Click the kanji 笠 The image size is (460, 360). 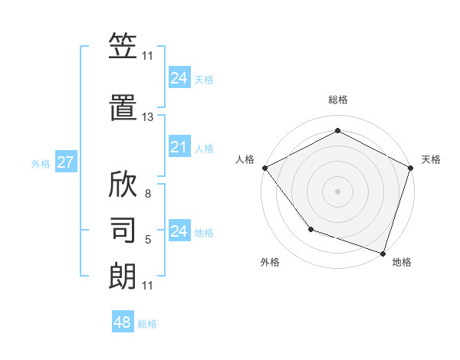pyautogui.click(x=123, y=47)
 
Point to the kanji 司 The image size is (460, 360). pyautogui.click(x=123, y=229)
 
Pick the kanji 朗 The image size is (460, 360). pyautogui.click(x=123, y=275)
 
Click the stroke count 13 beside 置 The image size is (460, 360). pyautogui.click(x=148, y=117)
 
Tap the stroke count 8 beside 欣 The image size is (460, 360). pyautogui.click(x=148, y=194)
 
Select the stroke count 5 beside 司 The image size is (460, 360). pyautogui.click(x=148, y=240)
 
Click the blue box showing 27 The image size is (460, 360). pyautogui.click(x=65, y=162)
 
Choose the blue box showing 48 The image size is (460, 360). pyautogui.click(x=123, y=322)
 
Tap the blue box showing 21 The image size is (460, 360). pyautogui.click(x=179, y=147)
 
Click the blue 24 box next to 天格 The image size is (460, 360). pyautogui.click(x=179, y=77)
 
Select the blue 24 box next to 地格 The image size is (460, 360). pyautogui.click(x=179, y=231)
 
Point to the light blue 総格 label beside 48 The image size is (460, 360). pyautogui.click(x=147, y=324)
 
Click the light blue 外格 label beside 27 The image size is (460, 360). pyautogui.click(x=41, y=163)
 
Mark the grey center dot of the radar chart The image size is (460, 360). pyautogui.click(x=337, y=191)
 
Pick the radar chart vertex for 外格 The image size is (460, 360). pyautogui.click(x=310, y=228)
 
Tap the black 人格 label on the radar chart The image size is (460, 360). pyautogui.click(x=245, y=159)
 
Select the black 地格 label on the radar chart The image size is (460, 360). pyautogui.click(x=402, y=262)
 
